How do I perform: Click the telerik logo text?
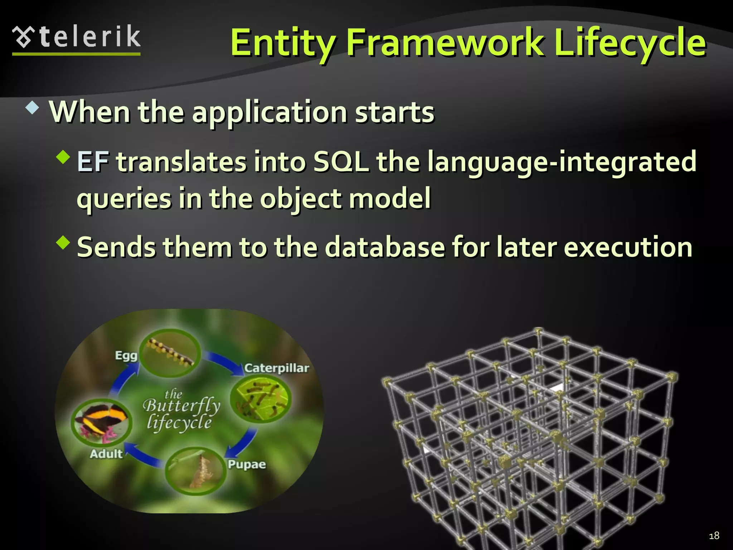coord(89,37)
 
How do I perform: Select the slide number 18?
coord(714,536)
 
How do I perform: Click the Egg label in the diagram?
coord(126,356)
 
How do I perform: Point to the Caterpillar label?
coord(276,368)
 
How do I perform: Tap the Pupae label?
coord(247,464)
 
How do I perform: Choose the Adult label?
coord(106,454)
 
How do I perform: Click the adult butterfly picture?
coord(101,423)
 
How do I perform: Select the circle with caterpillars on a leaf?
coord(261,399)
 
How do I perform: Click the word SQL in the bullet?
coord(341,162)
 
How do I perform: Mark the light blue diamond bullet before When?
coord(32,108)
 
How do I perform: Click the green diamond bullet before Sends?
coord(63,242)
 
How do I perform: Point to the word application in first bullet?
coord(269,112)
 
